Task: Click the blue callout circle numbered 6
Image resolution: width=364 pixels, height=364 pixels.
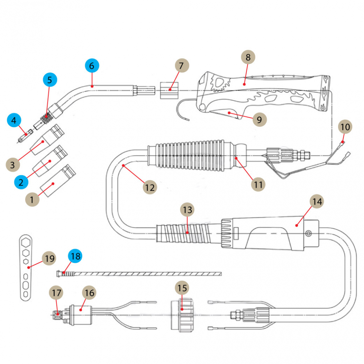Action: [x=92, y=66]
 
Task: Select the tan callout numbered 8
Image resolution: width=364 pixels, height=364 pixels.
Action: [x=248, y=57]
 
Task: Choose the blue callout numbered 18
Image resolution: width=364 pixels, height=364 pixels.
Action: [x=75, y=256]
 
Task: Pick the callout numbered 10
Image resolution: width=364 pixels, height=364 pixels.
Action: [x=345, y=127]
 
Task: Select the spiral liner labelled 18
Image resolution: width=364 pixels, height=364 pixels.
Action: [x=142, y=273]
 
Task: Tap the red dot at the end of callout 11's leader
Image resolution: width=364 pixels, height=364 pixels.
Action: [x=236, y=158]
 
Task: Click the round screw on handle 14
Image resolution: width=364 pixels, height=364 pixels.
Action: [x=309, y=233]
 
